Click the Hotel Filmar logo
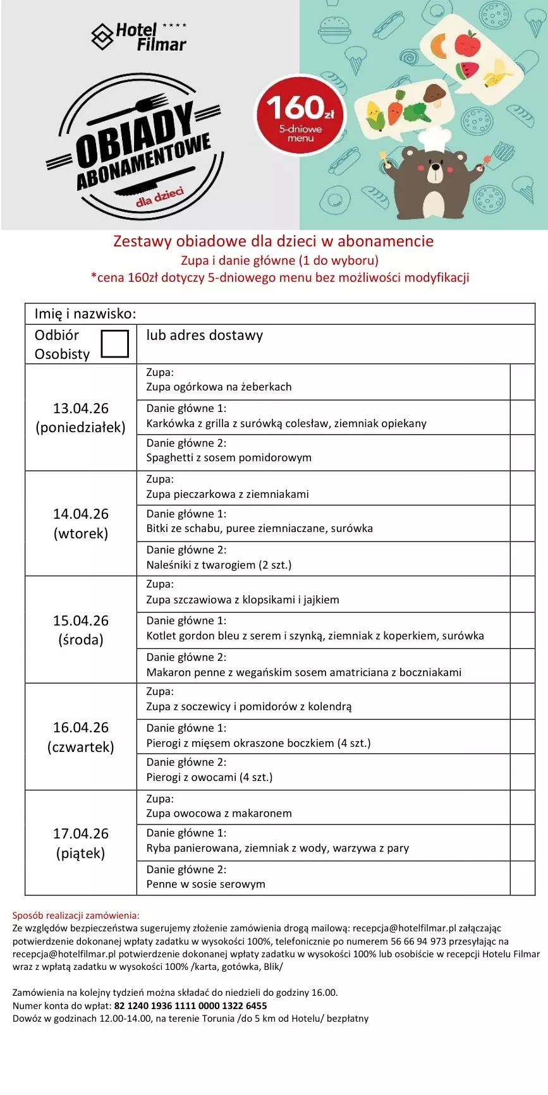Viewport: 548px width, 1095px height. point(139,37)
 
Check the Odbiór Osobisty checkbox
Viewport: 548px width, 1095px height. point(114,343)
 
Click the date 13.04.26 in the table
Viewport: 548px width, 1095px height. point(81,408)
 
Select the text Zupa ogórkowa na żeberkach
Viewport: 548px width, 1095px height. point(219,387)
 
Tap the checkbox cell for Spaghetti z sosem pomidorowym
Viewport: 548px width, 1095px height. point(522,452)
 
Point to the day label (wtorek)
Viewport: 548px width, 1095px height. point(81,533)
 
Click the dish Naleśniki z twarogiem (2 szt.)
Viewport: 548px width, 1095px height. point(219,565)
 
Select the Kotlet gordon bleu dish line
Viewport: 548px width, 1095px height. point(315,636)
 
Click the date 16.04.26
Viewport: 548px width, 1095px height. point(81,727)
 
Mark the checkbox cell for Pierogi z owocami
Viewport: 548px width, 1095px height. point(522,771)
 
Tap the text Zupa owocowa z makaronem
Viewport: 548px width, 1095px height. point(219,813)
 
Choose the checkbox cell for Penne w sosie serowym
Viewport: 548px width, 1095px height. point(522,878)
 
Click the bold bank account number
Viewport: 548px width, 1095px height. point(190,1005)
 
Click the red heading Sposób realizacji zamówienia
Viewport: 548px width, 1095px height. point(76,915)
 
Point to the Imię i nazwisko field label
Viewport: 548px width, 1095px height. point(85,313)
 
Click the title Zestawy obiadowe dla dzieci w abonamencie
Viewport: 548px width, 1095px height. point(273,241)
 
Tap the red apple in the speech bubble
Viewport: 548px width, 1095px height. point(468,44)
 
